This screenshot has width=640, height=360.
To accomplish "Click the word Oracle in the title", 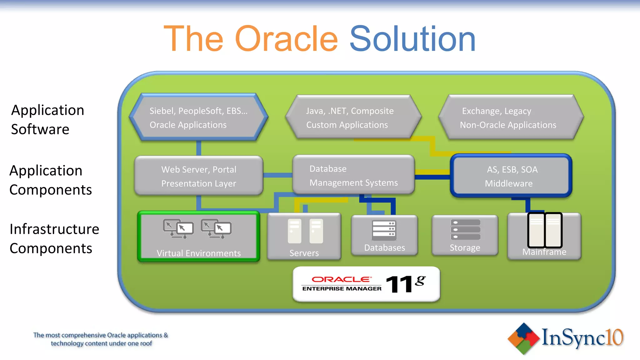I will pos(286,39).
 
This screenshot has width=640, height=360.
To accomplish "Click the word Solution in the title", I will pos(412,39).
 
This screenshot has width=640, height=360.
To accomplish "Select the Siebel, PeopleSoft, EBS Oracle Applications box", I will pos(199,117).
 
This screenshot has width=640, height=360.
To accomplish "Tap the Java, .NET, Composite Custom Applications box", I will pos(353,117).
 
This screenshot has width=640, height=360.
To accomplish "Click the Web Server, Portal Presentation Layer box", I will pos(199,176).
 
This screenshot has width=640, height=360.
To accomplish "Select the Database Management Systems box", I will pos(353,175).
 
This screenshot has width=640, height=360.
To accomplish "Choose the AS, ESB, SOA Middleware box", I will pos(511,176).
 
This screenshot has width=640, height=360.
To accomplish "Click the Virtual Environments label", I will pos(199,253).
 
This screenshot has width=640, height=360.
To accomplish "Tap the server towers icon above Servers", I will pos(305,231).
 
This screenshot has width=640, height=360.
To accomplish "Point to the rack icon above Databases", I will pos(384,230).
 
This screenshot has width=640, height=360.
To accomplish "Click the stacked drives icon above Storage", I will pos(465,229).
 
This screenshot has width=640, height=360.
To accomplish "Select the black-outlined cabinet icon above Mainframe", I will pos(545,230).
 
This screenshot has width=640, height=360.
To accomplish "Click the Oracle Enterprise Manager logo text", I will pos(342,284).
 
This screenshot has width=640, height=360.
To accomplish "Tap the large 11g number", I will pos(405,284).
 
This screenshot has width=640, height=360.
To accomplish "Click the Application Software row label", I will pos(47,120).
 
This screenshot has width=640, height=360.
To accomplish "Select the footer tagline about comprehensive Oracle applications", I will pos(101,339).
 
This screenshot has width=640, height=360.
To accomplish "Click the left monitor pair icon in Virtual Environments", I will pos(178,229).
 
